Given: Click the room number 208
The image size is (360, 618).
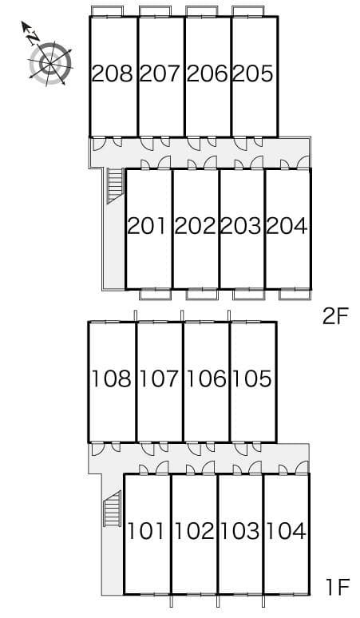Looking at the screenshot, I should coord(113,74).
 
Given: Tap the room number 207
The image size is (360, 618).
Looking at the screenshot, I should coord(160,74).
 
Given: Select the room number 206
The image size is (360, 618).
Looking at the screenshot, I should coord(208,74).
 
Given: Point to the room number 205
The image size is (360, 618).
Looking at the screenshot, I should coord(254,74).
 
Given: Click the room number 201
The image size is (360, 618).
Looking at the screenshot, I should coord(148,226).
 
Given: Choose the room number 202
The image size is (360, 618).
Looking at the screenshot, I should coord(195,226).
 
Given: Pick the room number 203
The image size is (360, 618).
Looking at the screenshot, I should coord(241,226).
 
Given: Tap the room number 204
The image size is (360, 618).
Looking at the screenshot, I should coord(287,226).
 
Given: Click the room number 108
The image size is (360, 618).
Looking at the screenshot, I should coord(112,378).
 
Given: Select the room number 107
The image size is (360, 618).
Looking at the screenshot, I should coord(159,378).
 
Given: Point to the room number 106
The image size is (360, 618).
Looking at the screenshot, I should coord(206,378).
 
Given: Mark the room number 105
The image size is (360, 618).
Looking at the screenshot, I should coord(252,378).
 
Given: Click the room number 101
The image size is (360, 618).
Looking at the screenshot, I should coord(146,530).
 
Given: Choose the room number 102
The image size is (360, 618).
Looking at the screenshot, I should coord(193,530).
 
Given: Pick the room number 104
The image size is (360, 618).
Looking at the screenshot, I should coord(286,530).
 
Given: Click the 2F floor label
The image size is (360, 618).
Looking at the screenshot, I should coord(336,316).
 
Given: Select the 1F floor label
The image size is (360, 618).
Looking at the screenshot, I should coord(336,588).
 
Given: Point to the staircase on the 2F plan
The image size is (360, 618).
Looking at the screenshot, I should coord(113,185).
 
